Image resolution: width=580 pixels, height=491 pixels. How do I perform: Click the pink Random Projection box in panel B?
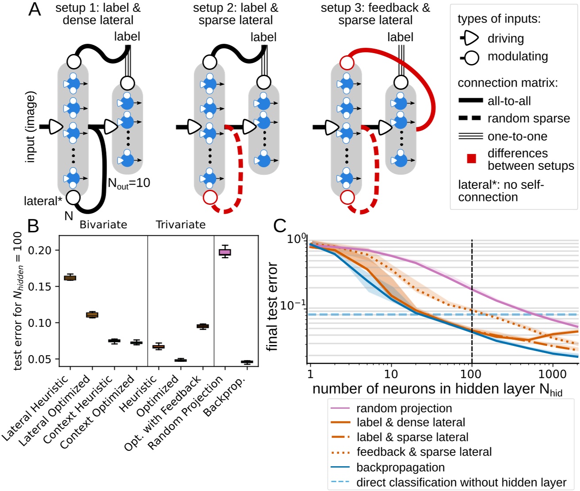pyautogui.click(x=225, y=252)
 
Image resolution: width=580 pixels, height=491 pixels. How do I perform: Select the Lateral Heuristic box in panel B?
pyautogui.click(x=70, y=278)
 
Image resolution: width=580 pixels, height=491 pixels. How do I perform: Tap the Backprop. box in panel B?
pyautogui.click(x=247, y=362)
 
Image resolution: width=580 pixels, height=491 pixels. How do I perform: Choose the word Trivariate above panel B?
pyautogui.click(x=181, y=225)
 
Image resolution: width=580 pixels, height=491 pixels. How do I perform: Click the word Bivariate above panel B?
pyautogui.click(x=103, y=225)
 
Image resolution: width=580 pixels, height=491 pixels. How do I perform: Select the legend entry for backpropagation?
pyautogui.click(x=400, y=467)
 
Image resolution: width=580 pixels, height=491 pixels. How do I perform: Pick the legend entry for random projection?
pyautogui.click(x=404, y=408)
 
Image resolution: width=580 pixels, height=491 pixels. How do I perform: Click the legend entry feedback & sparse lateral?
pyautogui.click(x=424, y=452)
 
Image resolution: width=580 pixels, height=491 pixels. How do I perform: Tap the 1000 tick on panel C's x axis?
pyautogui.click(x=552, y=374)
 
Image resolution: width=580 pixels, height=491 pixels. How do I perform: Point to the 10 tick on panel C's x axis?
pyautogui.click(x=391, y=374)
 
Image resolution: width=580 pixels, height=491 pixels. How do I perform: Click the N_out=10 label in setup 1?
pyautogui.click(x=129, y=183)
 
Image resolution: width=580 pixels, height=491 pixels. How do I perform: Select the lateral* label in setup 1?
pyautogui.click(x=43, y=201)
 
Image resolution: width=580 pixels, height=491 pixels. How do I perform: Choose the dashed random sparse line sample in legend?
pyautogui.click(x=470, y=119)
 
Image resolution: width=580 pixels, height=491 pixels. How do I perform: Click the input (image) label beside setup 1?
pyautogui.click(x=30, y=127)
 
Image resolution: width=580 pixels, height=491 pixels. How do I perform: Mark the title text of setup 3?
pyautogui.click(x=375, y=14)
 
